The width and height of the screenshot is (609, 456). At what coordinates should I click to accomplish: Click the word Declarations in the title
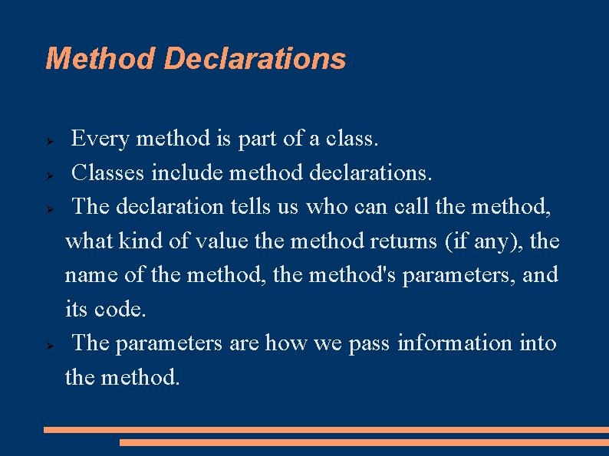[x=255, y=58]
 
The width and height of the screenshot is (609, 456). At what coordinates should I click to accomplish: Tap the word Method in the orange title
[x=100, y=58]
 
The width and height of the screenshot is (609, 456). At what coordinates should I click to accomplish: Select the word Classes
[x=108, y=173]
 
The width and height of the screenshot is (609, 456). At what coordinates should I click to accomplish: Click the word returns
[x=403, y=241]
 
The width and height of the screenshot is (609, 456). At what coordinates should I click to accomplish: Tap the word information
[x=455, y=343]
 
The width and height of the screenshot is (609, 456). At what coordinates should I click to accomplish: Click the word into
[x=538, y=343]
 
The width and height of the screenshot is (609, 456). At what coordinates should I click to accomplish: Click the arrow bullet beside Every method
[x=48, y=141]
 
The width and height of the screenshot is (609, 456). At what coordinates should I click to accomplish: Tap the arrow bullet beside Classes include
[x=48, y=175]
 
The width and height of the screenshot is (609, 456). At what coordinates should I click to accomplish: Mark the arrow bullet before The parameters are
[x=48, y=345]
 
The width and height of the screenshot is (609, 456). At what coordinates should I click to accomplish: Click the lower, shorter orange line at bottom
[x=364, y=442]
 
